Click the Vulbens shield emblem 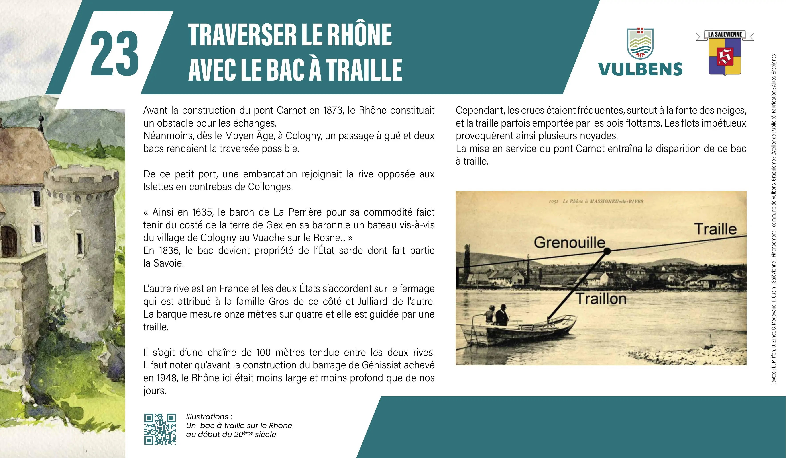[640, 44]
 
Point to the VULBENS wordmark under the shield [640, 69]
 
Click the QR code [160, 429]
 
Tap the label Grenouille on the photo [570, 242]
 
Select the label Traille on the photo [715, 229]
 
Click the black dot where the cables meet [607, 251]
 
